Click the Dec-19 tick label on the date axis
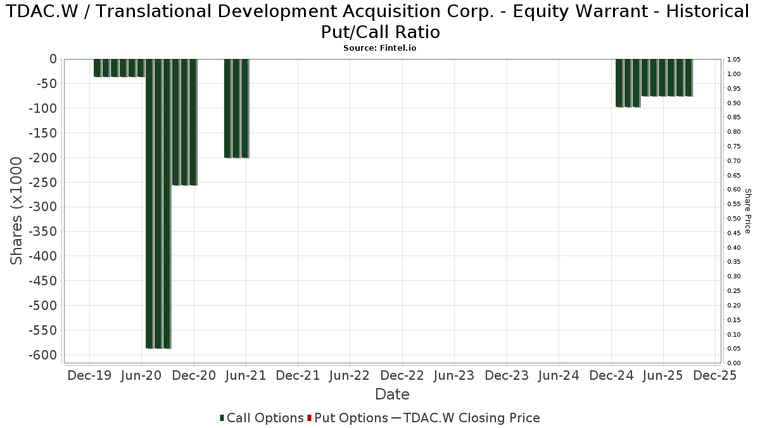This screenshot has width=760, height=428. [89, 375]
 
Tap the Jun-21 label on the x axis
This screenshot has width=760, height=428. [246, 375]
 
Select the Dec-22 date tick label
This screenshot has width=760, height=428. [402, 375]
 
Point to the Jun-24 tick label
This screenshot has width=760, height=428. [559, 375]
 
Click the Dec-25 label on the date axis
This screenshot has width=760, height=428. [715, 375]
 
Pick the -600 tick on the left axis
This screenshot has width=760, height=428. [42, 355]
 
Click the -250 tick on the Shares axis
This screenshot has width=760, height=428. [42, 183]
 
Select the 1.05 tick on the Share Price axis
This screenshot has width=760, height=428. [735, 60]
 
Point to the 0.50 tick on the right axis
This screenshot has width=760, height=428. [735, 219]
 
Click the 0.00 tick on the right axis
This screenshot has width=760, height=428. [735, 363]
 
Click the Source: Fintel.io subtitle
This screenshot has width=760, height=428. [380, 48]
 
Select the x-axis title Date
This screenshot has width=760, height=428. [392, 394]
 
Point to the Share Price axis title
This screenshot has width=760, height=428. [747, 211]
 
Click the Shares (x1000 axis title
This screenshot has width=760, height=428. [17, 211]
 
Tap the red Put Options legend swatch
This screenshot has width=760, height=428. [309, 418]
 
